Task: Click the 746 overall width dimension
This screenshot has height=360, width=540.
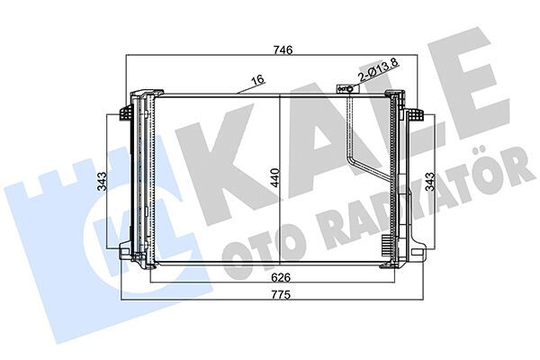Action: coord(272,52)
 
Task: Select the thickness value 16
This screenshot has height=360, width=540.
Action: coord(257,81)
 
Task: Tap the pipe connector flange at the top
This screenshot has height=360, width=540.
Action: coord(344,89)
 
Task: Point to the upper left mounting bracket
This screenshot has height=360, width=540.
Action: coord(125,112)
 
